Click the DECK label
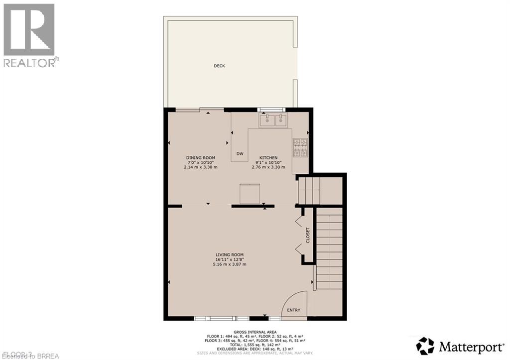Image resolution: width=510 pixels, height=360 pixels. (219, 66)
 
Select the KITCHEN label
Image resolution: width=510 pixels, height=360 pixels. (268, 158)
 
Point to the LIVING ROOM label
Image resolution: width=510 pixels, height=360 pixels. (230, 254)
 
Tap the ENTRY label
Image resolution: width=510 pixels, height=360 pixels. (294, 310)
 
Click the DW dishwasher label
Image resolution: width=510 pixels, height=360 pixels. (240, 153)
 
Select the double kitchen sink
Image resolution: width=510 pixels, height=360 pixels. (273, 120)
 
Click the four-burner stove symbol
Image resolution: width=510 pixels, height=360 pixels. (300, 147)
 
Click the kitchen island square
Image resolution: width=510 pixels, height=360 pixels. (250, 194)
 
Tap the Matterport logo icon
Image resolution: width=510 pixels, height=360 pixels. (426, 346)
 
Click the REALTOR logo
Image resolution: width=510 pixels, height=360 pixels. (29, 35)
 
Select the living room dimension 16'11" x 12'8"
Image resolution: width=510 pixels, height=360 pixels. (230, 259)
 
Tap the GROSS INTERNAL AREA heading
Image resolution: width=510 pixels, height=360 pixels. (255, 332)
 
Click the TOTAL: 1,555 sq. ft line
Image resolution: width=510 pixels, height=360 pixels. (255, 344)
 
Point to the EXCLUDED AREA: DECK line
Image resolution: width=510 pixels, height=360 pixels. (255, 348)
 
